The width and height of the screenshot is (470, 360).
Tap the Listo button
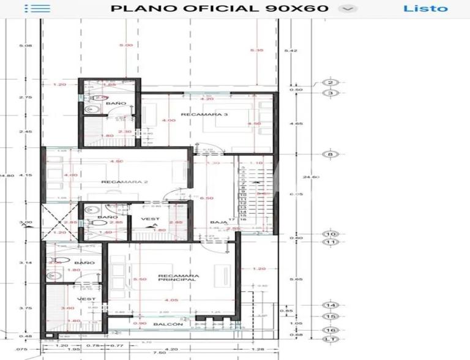pos(425,9)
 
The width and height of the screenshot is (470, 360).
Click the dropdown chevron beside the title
pos(348,9)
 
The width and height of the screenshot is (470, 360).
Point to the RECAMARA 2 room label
pos(117,182)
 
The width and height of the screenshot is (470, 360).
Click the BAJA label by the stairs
pos(218,222)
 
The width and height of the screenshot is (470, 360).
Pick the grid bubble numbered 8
pos(330,155)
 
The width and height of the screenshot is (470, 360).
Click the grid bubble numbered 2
pos(330,83)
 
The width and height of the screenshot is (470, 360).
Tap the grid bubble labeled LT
pos(330,339)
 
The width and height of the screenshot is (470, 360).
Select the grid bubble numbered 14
pos(330,305)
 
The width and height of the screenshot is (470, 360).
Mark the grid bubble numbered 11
pos(330,242)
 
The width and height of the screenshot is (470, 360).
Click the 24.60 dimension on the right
pos(311,177)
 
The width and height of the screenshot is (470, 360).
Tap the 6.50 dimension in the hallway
pos(207,198)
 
